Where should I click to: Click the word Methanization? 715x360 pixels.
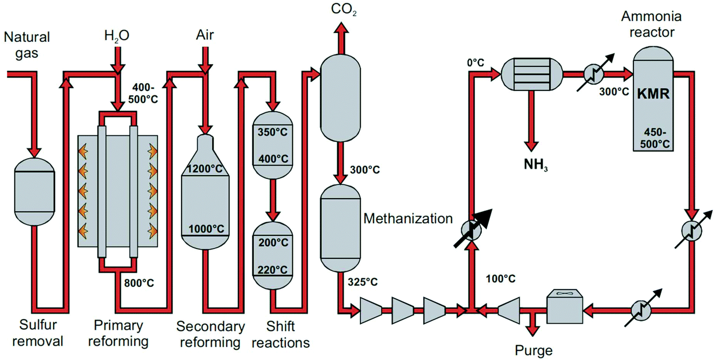pos(408,219)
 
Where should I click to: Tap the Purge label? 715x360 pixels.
pos(533,350)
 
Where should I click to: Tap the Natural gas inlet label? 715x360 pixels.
pos(27,44)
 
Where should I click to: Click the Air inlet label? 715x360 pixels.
pos(205,35)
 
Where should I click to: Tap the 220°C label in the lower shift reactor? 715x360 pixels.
pos(274,270)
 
